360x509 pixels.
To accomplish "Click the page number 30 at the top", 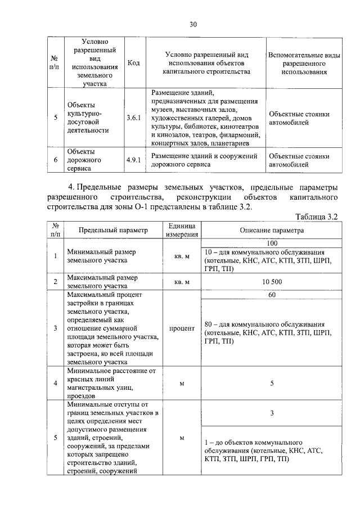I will click(x=193, y=24).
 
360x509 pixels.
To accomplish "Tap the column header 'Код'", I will click(x=134, y=62).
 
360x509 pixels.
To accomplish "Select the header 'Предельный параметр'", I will click(x=112, y=230).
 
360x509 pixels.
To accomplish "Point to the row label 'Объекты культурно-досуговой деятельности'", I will click(x=87, y=118).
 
